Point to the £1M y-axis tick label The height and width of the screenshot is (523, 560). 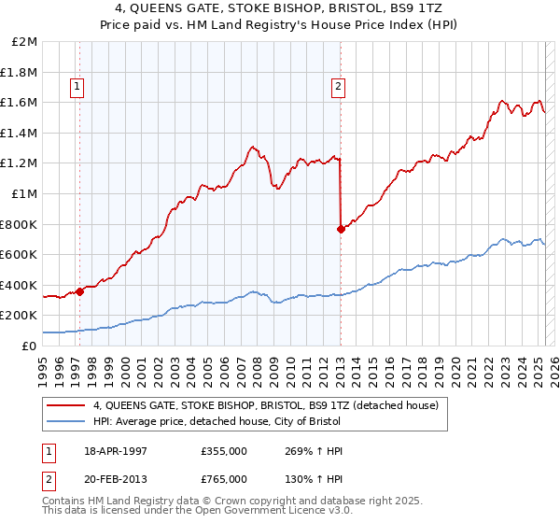pyautogui.click(x=25, y=194)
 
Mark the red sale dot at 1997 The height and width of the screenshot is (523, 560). pyautogui.click(x=79, y=291)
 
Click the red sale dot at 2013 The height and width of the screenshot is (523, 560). pyautogui.click(x=340, y=229)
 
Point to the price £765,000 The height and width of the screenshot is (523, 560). pyautogui.click(x=223, y=478)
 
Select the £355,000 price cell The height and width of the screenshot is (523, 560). pyautogui.click(x=223, y=450)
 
